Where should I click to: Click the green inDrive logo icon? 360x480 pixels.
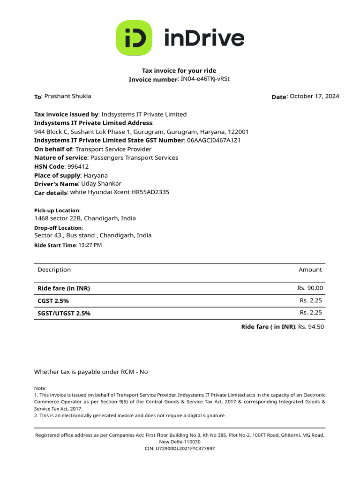click(x=134, y=38)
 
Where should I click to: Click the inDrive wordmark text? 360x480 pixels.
click(x=204, y=38)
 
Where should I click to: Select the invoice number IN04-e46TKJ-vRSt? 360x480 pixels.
click(x=205, y=79)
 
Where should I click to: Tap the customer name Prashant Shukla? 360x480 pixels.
click(x=67, y=96)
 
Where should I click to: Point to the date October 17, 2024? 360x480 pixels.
click(x=314, y=96)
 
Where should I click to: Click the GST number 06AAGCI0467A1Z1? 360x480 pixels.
click(x=214, y=140)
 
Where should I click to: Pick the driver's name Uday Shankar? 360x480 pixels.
click(x=101, y=184)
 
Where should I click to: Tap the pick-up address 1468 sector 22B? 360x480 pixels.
click(x=85, y=218)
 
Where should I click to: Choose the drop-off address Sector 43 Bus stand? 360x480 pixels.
click(x=93, y=235)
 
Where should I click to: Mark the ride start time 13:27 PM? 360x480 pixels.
click(x=90, y=245)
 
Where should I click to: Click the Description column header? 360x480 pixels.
click(x=54, y=270)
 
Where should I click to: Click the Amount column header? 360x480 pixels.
click(x=310, y=270)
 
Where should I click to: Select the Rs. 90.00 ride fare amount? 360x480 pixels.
click(x=310, y=288)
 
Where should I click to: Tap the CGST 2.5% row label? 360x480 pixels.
click(x=53, y=301)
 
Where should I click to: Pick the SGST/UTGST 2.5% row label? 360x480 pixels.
click(x=64, y=313)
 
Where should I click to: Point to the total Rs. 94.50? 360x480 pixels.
click(x=311, y=327)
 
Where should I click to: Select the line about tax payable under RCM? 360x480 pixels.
click(x=91, y=372)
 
